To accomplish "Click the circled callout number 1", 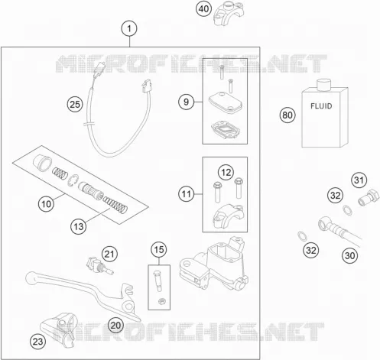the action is point(129,28).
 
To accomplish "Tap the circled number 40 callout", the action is point(203,9).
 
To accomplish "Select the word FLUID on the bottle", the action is point(321,106).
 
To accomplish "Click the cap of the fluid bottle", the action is point(324,85).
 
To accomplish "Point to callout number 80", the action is point(287,115).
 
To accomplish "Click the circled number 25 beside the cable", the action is point(75,105).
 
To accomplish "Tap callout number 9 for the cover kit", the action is point(187,102).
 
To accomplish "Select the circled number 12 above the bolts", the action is point(226,173).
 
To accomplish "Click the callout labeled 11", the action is point(187,194).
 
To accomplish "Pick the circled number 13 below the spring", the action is point(79,226).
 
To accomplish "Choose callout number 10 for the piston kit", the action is point(46,204).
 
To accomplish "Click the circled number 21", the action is point(109,254).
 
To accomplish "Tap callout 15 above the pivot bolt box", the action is point(159,249).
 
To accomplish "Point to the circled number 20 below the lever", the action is point(115,326).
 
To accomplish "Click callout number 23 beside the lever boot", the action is point(38,342).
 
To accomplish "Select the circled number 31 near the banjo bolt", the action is point(359,180).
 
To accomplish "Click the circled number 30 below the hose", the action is point(349,255).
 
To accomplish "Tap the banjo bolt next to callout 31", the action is point(369,197).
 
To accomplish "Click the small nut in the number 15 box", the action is point(161,301).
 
